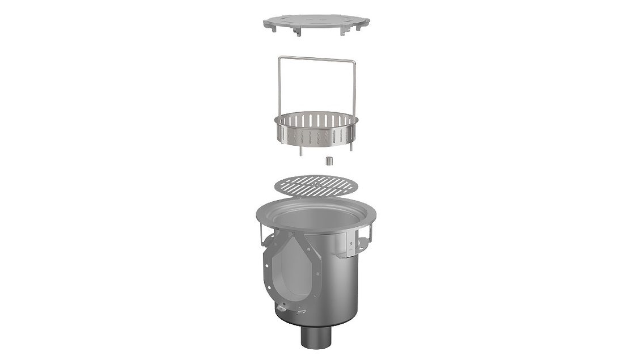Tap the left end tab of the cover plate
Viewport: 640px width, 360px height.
click(x=266, y=24)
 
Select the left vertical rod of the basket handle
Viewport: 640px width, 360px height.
click(x=279, y=85)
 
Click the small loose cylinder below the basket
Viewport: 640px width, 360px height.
click(x=327, y=161)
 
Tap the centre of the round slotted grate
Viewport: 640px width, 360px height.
click(x=313, y=185)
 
